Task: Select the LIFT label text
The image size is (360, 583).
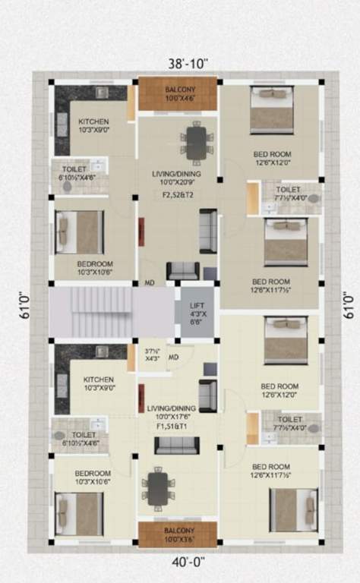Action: (x=195, y=305)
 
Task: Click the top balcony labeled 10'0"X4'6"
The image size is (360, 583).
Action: (x=179, y=93)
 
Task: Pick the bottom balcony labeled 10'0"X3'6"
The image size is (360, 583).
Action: (x=178, y=534)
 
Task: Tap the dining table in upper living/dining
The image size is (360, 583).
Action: (x=197, y=142)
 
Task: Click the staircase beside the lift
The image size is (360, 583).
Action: (x=91, y=311)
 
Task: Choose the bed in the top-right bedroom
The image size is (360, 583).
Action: (x=273, y=110)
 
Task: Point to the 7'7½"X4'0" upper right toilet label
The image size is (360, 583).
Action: (x=289, y=194)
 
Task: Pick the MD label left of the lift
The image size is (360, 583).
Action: (x=150, y=284)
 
